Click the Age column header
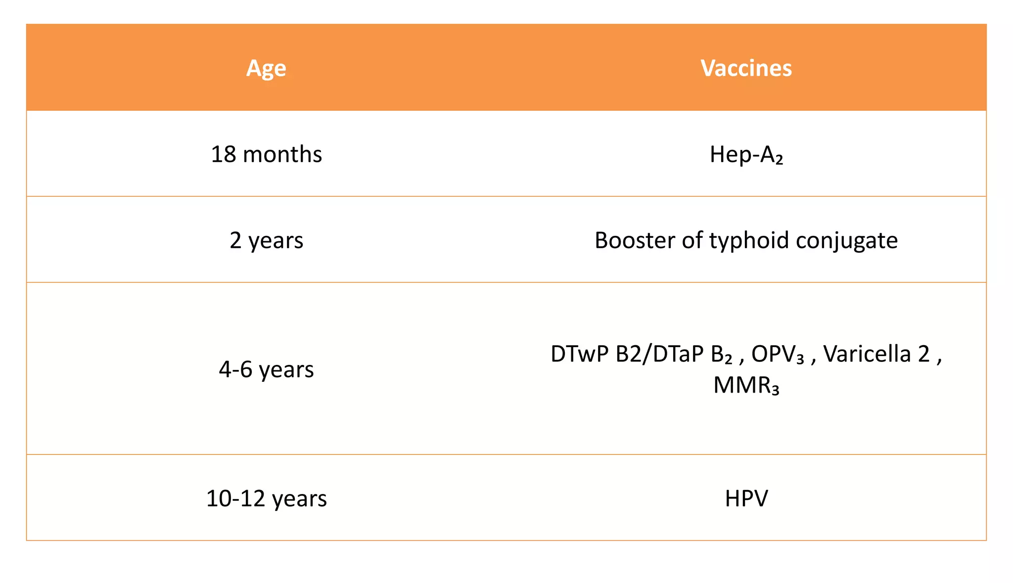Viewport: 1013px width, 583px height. pos(266,68)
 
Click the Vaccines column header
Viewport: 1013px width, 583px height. pos(746,68)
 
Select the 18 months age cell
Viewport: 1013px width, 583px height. pos(266,154)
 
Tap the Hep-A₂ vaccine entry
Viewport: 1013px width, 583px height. pos(746,154)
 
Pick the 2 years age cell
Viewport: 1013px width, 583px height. pos(266,240)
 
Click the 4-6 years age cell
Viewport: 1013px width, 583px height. pos(266,369)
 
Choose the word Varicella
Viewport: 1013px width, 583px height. pos(867,354)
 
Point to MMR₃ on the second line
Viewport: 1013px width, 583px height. pos(746,385)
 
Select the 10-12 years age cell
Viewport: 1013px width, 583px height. pos(266,498)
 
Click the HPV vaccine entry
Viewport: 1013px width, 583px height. pos(746,498)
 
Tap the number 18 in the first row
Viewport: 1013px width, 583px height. pos(223,154)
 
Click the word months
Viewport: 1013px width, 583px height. pos(282,154)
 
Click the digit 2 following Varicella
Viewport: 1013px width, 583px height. pos(923,354)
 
